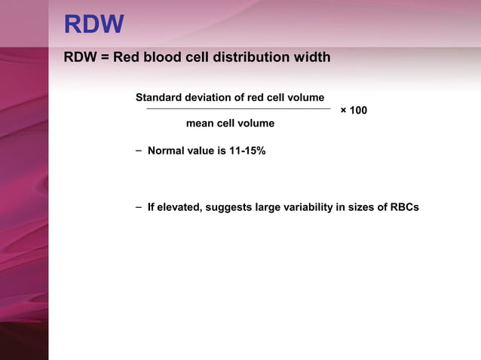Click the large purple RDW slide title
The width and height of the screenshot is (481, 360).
pos(93,25)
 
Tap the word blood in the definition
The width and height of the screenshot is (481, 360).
pos(160,57)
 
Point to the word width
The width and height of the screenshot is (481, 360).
pos(311,57)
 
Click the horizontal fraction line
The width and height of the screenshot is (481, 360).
pos(237,109)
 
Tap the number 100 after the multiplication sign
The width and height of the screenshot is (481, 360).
pos(359,111)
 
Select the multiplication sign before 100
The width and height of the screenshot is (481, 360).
pos(344,111)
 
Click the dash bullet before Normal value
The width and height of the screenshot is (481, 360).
pos(139,151)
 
